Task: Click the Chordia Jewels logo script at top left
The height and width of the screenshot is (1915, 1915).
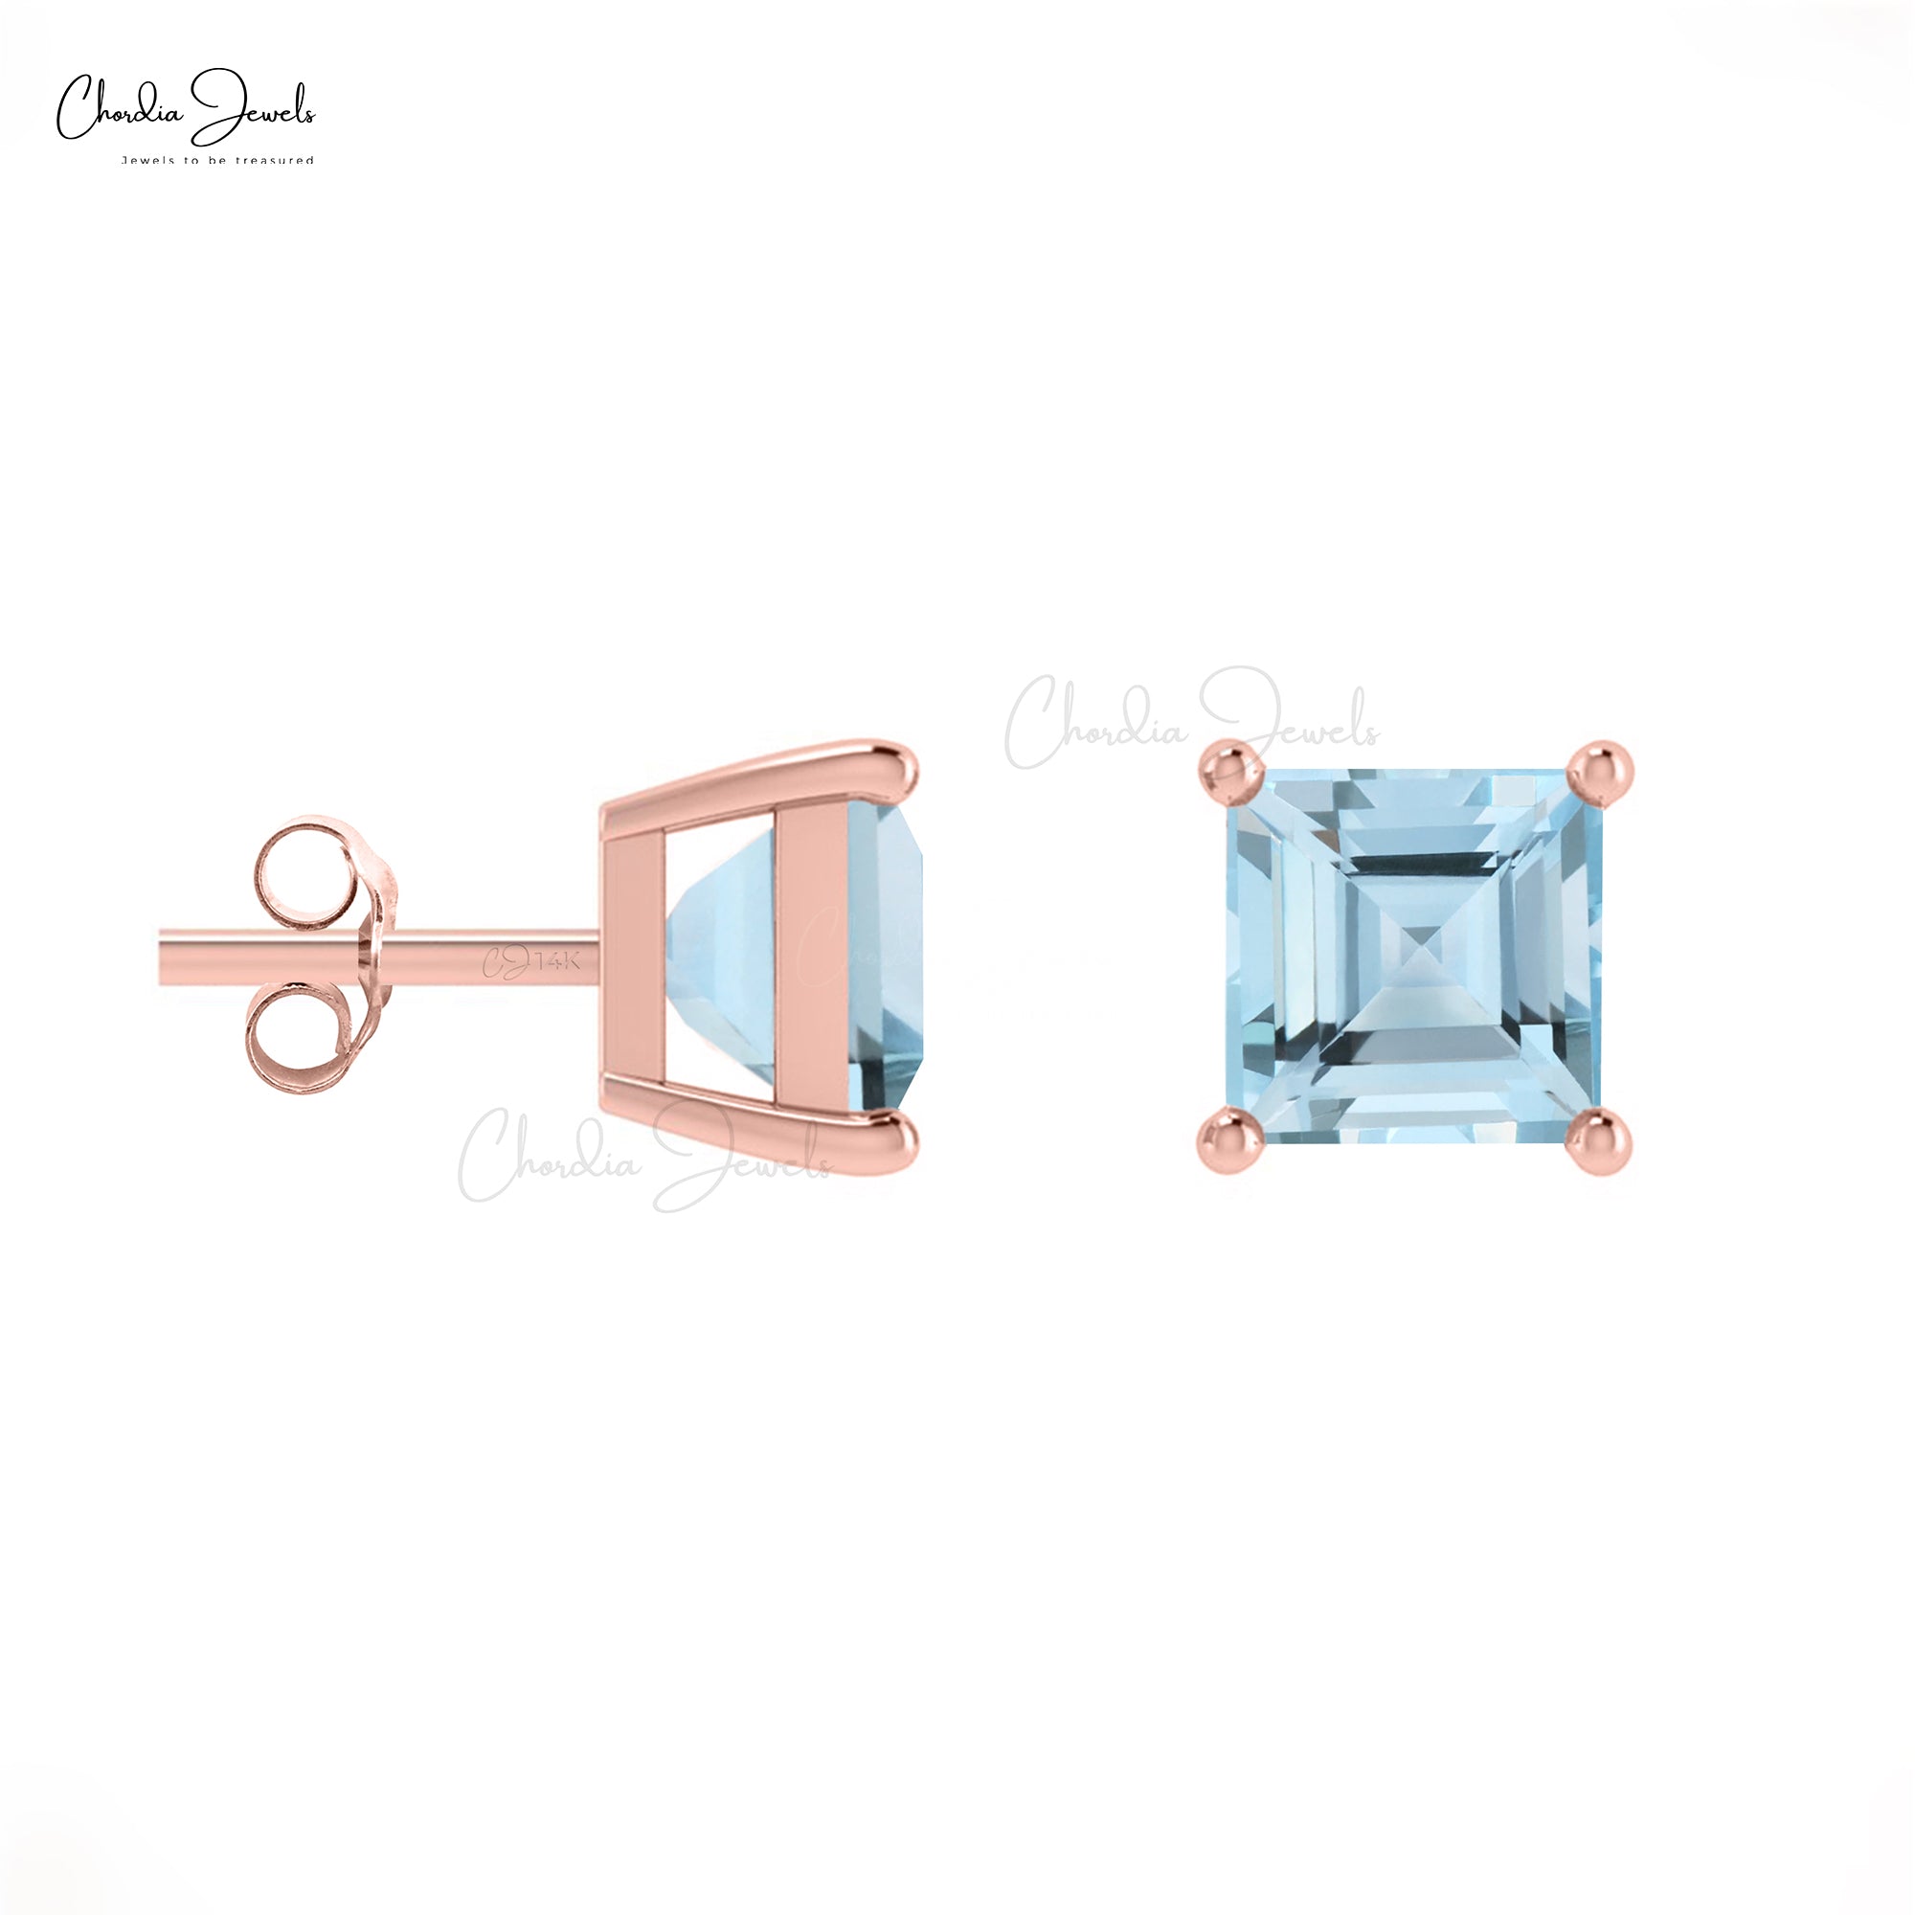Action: coord(186,111)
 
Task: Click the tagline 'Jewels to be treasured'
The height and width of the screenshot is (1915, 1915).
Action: coord(217,160)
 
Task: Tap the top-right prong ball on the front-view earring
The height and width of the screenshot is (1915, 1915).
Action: coord(1602,768)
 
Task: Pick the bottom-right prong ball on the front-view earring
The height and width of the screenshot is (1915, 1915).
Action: coord(1602,1142)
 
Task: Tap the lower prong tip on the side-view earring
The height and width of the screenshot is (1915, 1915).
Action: coord(904,1142)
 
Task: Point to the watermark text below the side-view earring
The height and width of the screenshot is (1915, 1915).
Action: coord(644,1160)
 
